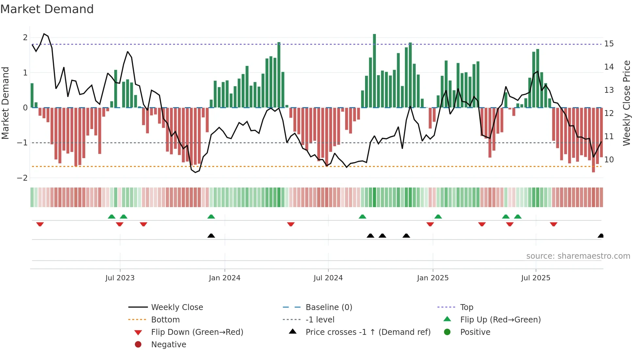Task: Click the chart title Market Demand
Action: [x=47, y=9]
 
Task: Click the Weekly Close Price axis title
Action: [x=626, y=103]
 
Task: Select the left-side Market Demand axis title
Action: [x=6, y=103]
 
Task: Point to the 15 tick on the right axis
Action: [x=609, y=44]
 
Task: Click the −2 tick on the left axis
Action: [x=23, y=178]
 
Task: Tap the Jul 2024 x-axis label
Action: [x=328, y=278]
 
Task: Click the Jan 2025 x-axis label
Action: [x=433, y=278]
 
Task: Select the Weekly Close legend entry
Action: [x=177, y=307]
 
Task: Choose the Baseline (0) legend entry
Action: [x=328, y=307]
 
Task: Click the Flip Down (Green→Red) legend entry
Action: [x=197, y=332]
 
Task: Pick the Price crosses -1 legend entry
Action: [x=368, y=332]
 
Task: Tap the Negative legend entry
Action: [x=168, y=345]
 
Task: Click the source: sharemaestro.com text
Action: [x=578, y=256]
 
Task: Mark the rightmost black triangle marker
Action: [x=600, y=236]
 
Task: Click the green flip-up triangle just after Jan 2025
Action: [x=438, y=217]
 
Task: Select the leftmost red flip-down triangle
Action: [x=40, y=224]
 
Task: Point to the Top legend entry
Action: [x=466, y=307]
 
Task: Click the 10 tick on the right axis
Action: [x=609, y=160]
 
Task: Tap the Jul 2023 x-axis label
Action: [x=120, y=278]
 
